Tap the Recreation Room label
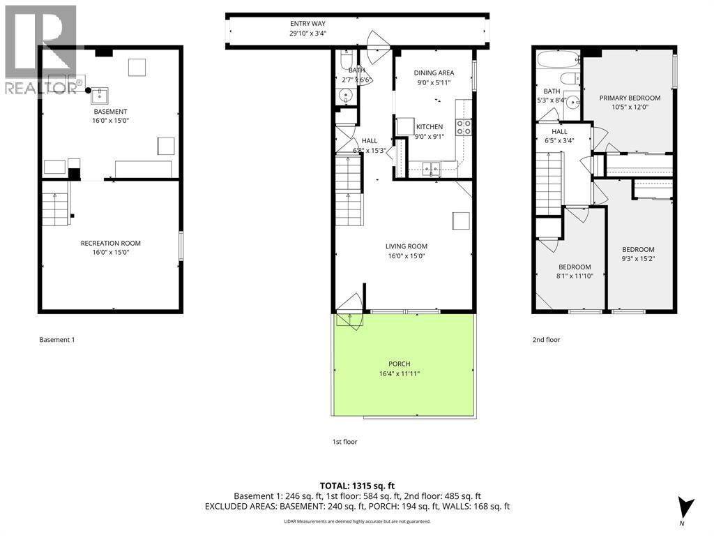(111, 244)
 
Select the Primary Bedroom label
(630, 98)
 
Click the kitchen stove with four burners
(464, 127)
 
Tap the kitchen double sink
(430, 167)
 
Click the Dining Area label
(433, 73)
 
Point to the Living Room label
(406, 246)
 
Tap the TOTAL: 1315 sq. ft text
(356, 484)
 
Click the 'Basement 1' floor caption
(56, 340)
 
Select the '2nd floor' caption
(546, 340)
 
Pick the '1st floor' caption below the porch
(344, 442)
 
